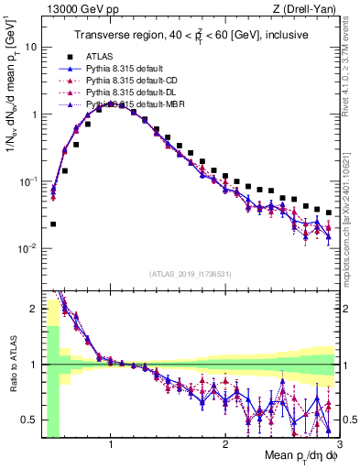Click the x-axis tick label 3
(338, 445)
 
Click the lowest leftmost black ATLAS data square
(53, 224)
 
